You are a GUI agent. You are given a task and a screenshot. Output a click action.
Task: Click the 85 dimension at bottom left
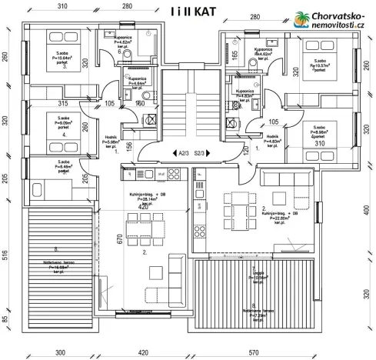6,319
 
